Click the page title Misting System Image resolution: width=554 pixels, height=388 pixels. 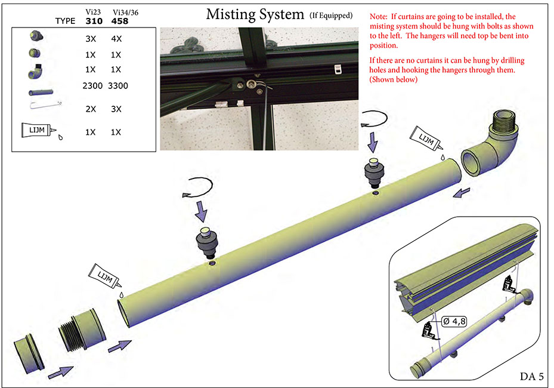[255, 14]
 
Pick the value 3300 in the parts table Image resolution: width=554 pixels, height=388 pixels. [117, 86]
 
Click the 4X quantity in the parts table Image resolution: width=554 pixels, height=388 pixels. [117, 39]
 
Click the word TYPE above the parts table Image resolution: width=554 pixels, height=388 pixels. [65, 21]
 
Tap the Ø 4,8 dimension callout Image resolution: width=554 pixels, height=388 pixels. [454, 321]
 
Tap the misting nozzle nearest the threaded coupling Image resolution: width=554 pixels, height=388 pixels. [208, 241]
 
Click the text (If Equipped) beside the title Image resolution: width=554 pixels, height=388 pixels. [331, 16]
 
